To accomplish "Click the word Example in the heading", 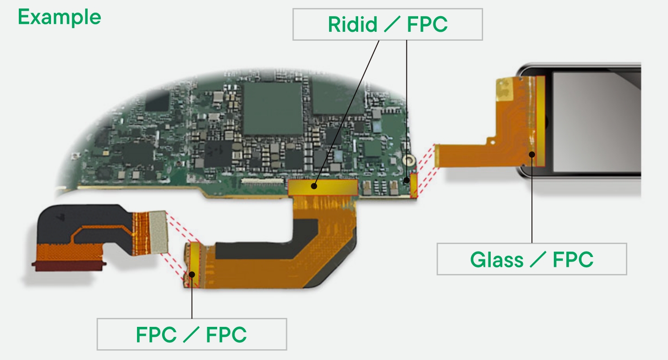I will [x=59, y=17].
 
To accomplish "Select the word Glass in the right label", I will [x=496, y=259].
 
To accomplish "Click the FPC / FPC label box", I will [x=192, y=334].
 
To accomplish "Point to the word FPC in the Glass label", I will [x=573, y=259].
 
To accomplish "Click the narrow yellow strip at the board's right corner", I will [x=414, y=185].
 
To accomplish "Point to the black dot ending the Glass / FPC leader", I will [x=532, y=154].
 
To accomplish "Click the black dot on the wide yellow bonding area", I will [x=315, y=186].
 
